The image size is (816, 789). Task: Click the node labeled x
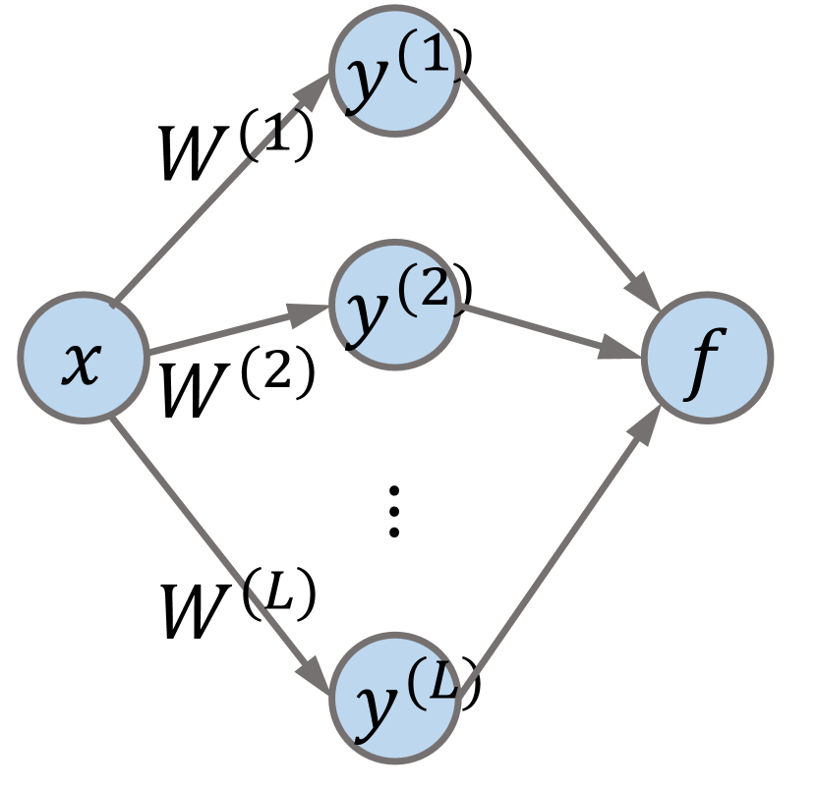pyautogui.click(x=83, y=359)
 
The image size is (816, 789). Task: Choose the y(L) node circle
pyautogui.click(x=393, y=698)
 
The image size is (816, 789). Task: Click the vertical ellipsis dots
pyautogui.click(x=393, y=511)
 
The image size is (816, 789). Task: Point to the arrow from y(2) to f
pyautogui.click(x=551, y=330)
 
